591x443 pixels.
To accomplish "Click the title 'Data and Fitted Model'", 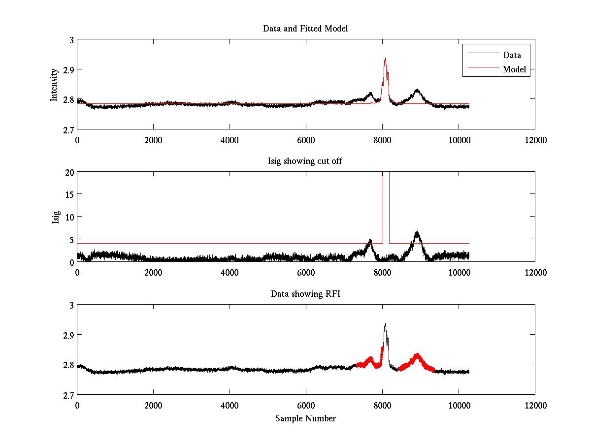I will (x=305, y=29).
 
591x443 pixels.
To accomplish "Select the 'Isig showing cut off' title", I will (x=305, y=161).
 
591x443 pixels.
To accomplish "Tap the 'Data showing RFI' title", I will (x=305, y=294).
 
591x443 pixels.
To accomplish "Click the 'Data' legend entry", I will (x=512, y=55).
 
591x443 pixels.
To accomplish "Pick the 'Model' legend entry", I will (x=514, y=69).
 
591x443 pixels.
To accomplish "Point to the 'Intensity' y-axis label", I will (x=55, y=84).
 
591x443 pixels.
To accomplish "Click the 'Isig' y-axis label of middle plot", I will (x=56, y=217).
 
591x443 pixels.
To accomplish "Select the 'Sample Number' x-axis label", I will (x=305, y=418).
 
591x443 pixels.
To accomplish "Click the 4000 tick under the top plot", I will (x=230, y=140).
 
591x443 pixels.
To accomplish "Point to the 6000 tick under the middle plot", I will (x=306, y=272).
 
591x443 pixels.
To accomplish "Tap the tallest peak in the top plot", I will (x=385, y=59).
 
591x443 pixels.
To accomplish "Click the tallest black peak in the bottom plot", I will (x=385, y=324).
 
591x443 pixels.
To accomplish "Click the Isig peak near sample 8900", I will (x=418, y=232).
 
